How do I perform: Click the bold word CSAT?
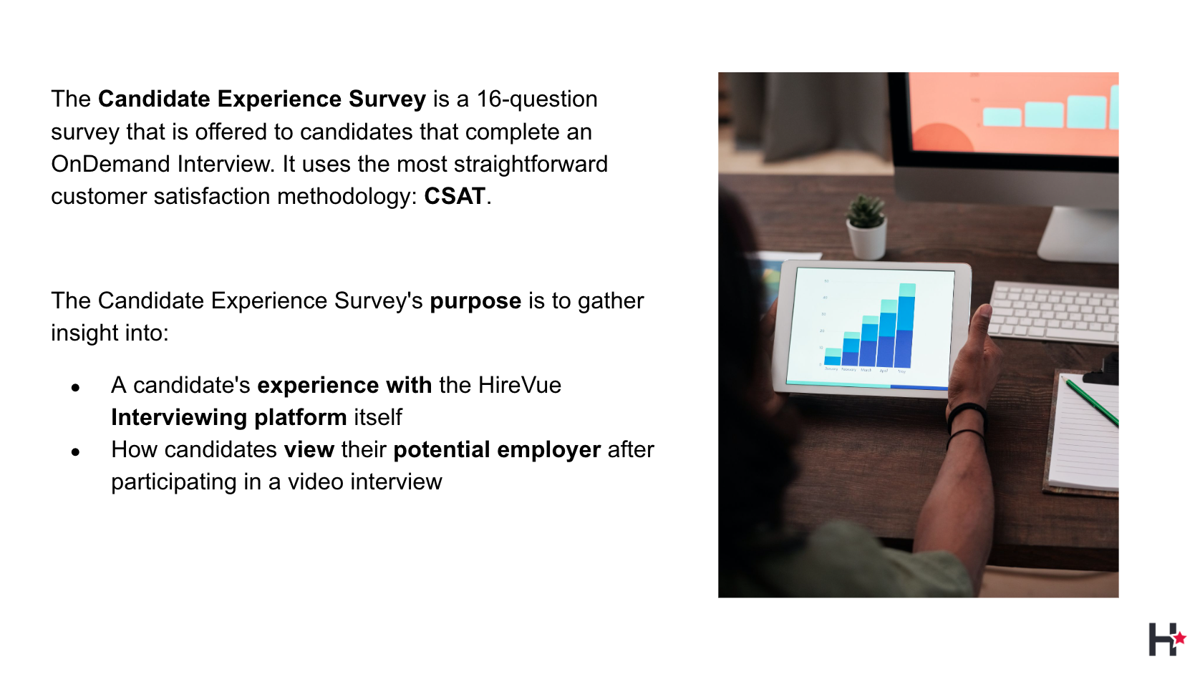455,196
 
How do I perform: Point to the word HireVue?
520,385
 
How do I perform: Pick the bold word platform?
301,418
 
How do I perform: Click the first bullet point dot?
75,388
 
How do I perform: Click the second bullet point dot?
75,452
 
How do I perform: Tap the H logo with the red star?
1166,639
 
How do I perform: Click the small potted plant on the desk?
866,228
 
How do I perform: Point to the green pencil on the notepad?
1090,402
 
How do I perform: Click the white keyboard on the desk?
1053,313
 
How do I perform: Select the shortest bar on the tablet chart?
833,357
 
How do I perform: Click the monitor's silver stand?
1078,235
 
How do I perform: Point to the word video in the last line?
316,482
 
